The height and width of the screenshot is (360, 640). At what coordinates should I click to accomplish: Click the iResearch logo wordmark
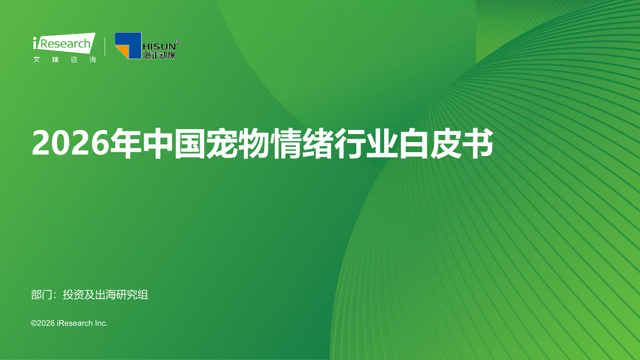tap(64, 43)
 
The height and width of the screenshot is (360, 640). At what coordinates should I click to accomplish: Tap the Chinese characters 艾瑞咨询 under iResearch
tap(64, 60)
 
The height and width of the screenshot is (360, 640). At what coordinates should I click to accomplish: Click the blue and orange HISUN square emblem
tap(128, 46)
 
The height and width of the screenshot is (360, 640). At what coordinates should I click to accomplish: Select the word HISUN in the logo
tap(159, 46)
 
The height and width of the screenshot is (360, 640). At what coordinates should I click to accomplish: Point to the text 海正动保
tap(159, 55)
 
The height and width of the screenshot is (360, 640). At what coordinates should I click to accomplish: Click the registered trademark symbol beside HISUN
tap(178, 41)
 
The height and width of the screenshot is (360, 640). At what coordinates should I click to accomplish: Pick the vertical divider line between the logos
tap(105, 46)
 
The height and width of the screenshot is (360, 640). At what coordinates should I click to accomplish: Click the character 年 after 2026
tap(126, 144)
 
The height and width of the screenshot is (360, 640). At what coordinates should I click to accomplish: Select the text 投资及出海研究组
tap(106, 295)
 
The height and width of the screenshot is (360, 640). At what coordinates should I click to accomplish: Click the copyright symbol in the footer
tap(34, 323)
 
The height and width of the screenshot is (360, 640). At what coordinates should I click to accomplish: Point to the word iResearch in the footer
tap(75, 323)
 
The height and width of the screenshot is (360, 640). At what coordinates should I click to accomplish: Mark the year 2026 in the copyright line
tap(46, 323)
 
